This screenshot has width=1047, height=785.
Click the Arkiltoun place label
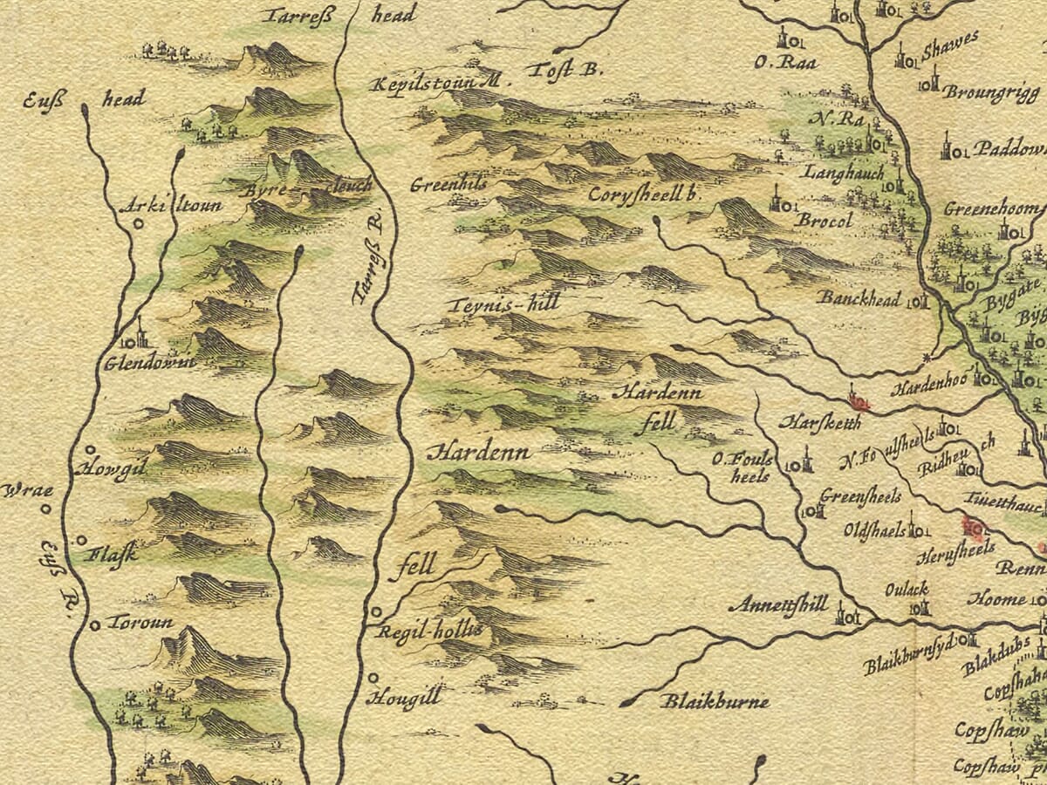tap(171, 207)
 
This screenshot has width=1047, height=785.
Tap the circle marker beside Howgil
tap(88, 450)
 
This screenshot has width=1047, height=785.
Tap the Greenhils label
tap(448, 185)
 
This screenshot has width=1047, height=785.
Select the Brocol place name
tap(824, 222)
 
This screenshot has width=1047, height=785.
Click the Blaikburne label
tap(714, 701)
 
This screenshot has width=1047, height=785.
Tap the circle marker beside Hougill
tap(373, 677)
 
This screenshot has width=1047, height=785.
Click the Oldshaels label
tap(872, 530)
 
